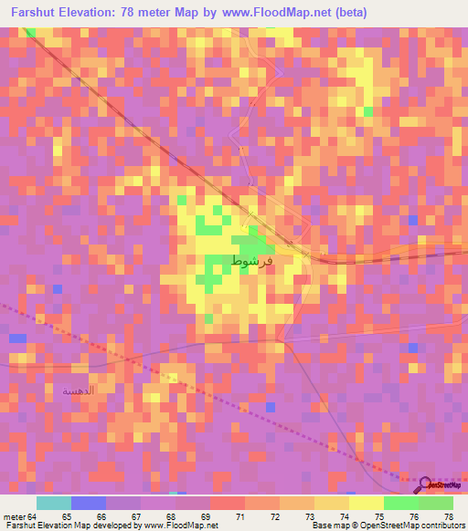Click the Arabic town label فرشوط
click(x=251, y=260)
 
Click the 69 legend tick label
click(x=206, y=517)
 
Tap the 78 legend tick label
click(x=448, y=517)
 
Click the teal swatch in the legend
click(x=54, y=503)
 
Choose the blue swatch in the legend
click(x=89, y=503)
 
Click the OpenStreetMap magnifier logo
click(x=425, y=484)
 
